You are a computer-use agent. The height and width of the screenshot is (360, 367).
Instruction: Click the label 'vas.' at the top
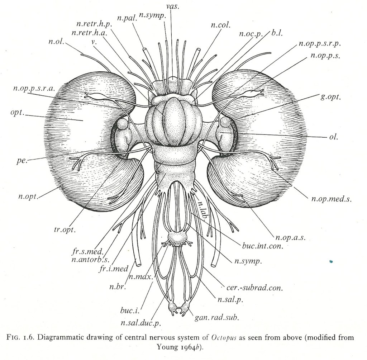173,6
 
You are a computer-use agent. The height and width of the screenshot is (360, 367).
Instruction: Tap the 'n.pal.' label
127,18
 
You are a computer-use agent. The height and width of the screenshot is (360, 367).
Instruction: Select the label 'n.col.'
221,25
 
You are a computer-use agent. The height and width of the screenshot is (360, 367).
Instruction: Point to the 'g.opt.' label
330,97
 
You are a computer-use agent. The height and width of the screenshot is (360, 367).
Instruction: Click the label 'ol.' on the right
334,137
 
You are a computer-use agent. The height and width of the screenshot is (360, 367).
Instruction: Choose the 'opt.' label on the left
17,113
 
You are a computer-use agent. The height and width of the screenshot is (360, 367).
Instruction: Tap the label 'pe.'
22,161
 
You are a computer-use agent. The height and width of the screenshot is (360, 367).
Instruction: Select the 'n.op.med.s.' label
332,199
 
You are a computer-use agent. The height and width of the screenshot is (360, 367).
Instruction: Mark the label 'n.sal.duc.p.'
141,323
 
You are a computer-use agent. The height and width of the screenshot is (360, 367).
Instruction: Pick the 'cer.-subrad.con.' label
255,288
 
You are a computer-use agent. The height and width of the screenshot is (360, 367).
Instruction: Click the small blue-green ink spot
331,261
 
